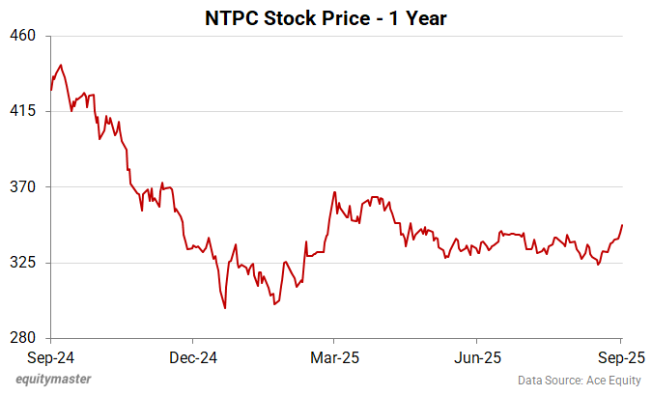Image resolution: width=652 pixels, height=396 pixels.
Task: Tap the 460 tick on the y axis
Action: point(22,36)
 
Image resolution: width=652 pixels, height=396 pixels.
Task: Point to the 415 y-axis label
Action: point(22,111)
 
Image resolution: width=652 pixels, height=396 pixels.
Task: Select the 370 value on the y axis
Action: point(22,186)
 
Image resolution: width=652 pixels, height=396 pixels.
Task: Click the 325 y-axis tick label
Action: point(22,262)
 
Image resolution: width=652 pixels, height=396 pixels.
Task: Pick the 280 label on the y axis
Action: point(22,337)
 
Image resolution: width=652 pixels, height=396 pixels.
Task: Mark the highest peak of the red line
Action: point(61,66)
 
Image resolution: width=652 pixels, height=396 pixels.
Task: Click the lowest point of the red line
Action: point(225,308)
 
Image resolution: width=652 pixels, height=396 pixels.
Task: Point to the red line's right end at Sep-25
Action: point(622,225)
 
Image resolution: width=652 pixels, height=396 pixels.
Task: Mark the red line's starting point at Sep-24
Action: point(51,90)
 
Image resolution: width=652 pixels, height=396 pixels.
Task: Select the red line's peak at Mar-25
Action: point(334,192)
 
